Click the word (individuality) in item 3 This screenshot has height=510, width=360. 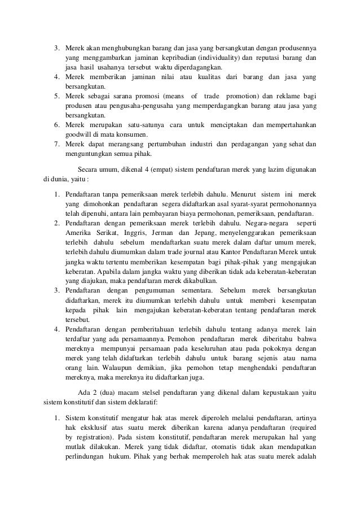(217, 58)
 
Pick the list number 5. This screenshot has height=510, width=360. (56, 96)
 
